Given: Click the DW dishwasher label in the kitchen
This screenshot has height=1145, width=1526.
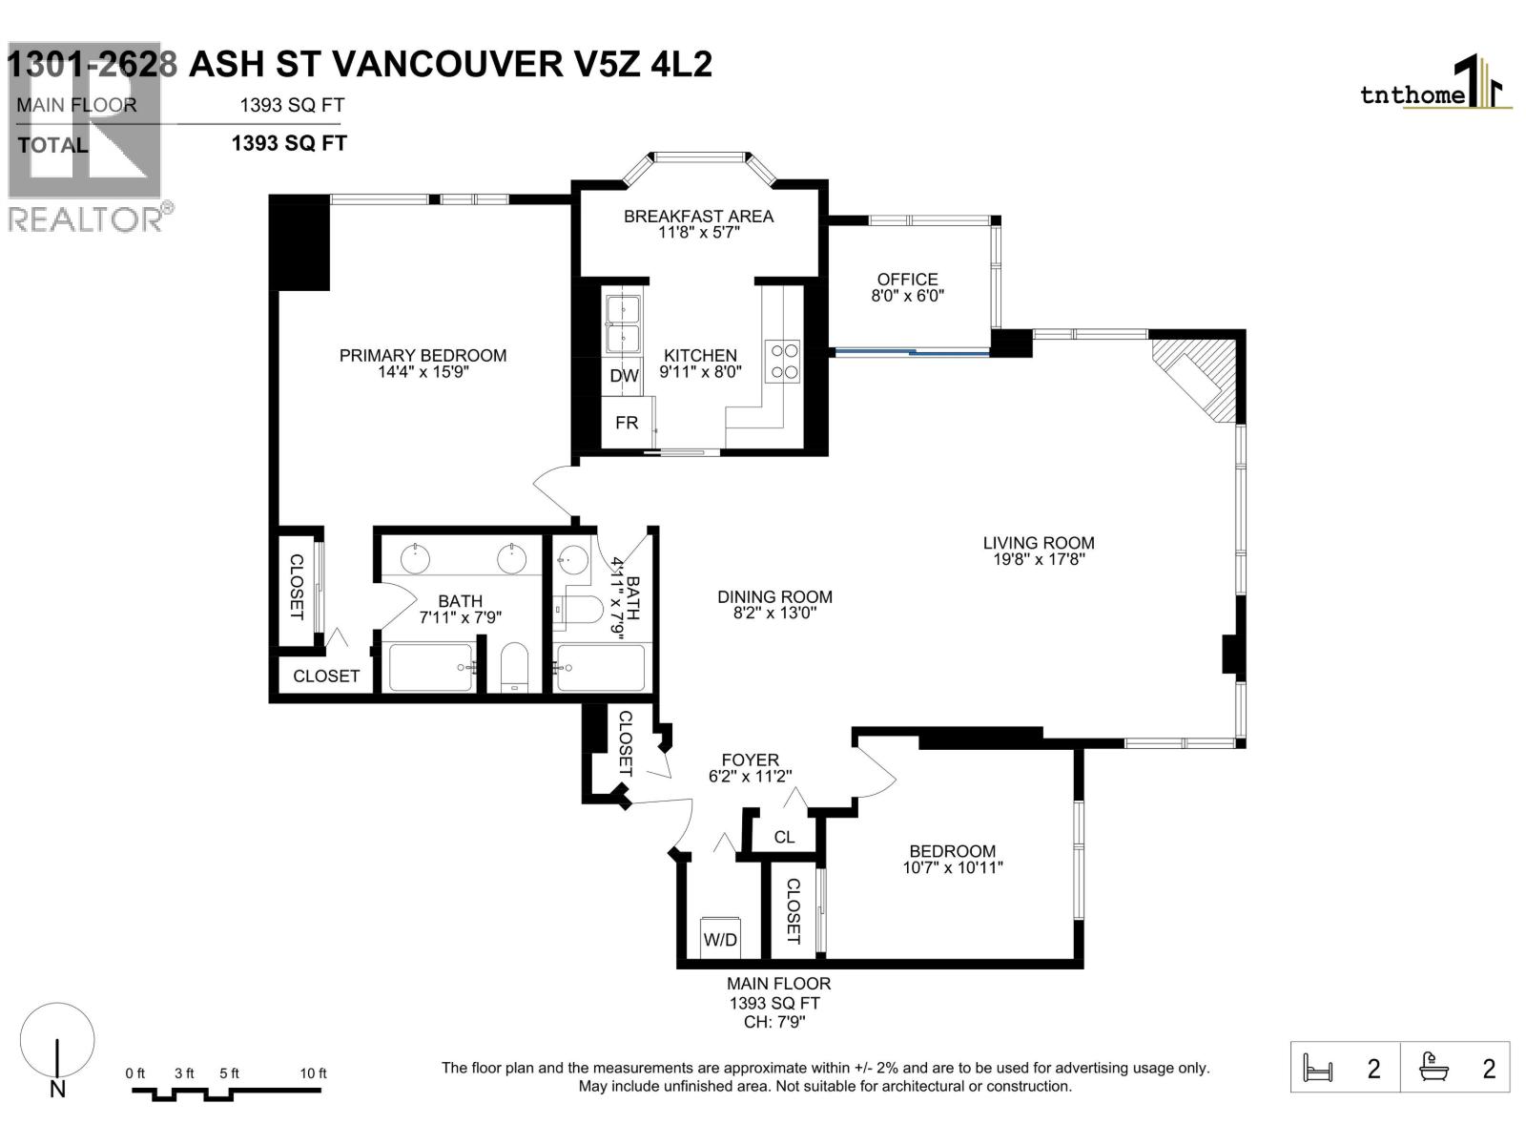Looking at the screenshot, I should pyautogui.click(x=624, y=376).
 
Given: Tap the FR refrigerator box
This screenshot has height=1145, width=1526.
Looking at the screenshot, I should pyautogui.click(x=627, y=423).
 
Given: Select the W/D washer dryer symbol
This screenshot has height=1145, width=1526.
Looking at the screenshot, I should pyautogui.click(x=720, y=939).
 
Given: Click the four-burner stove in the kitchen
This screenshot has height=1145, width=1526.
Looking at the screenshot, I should pyautogui.click(x=784, y=362).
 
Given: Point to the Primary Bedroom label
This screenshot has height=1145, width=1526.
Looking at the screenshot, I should pyautogui.click(x=423, y=355).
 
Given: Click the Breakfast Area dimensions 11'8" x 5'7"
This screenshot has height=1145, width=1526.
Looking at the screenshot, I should pyautogui.click(x=698, y=233).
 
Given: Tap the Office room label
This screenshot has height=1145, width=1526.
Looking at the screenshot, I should pyautogui.click(x=907, y=280).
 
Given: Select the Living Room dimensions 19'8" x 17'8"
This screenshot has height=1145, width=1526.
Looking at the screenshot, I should pyautogui.click(x=1039, y=560).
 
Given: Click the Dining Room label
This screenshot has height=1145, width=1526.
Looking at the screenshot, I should pyautogui.click(x=774, y=596).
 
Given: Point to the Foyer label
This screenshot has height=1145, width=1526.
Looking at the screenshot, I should pyautogui.click(x=750, y=760).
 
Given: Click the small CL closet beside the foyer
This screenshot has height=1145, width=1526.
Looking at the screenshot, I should pyautogui.click(x=784, y=837).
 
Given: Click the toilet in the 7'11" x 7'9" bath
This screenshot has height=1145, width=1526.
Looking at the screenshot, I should pyautogui.click(x=514, y=668).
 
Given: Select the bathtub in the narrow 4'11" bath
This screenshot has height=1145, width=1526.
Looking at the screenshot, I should pyautogui.click(x=601, y=668).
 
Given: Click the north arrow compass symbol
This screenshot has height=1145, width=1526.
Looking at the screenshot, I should pyautogui.click(x=57, y=1050).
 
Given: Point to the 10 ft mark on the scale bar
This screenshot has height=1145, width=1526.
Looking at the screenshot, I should pyautogui.click(x=313, y=1073).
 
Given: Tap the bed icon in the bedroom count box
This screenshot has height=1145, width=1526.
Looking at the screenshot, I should pyautogui.click(x=1317, y=1068).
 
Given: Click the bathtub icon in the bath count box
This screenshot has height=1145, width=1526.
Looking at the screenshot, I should pyautogui.click(x=1433, y=1067).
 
